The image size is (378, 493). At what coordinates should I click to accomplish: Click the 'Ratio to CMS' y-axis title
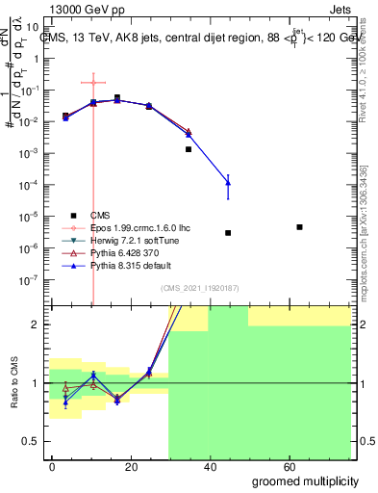coord(13,383)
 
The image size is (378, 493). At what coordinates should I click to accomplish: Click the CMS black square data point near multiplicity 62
coord(300,227)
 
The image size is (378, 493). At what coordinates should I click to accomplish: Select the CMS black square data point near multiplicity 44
coord(228,233)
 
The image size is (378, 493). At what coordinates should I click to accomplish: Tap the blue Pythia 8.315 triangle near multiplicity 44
coord(228,181)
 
